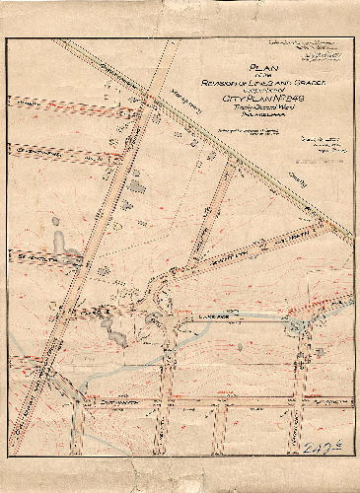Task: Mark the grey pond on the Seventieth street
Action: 60,242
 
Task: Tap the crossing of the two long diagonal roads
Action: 147,97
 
